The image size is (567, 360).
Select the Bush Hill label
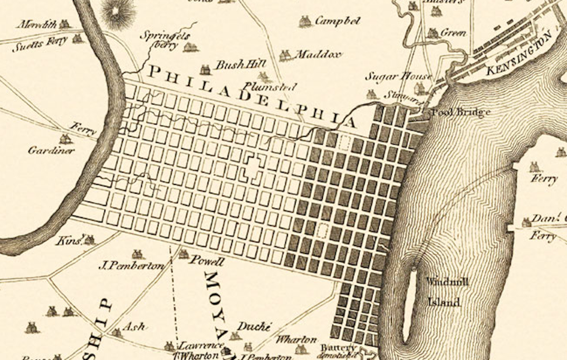pos(231,65)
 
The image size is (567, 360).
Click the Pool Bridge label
pos(461,112)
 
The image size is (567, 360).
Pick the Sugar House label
pos(399,77)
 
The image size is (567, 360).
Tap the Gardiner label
pos(51,150)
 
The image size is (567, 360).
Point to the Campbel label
pos(338,21)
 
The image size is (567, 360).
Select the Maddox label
pos(318,54)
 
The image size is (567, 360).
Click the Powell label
pos(207,261)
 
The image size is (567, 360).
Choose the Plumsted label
pos(270,87)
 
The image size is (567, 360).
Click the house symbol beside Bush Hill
pos(205,69)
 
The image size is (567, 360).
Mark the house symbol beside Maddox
pos(285,55)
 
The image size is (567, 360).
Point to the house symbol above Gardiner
pos(65,139)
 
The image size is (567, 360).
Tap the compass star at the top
pos(118,11)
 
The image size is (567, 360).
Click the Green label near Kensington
pos(453,33)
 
